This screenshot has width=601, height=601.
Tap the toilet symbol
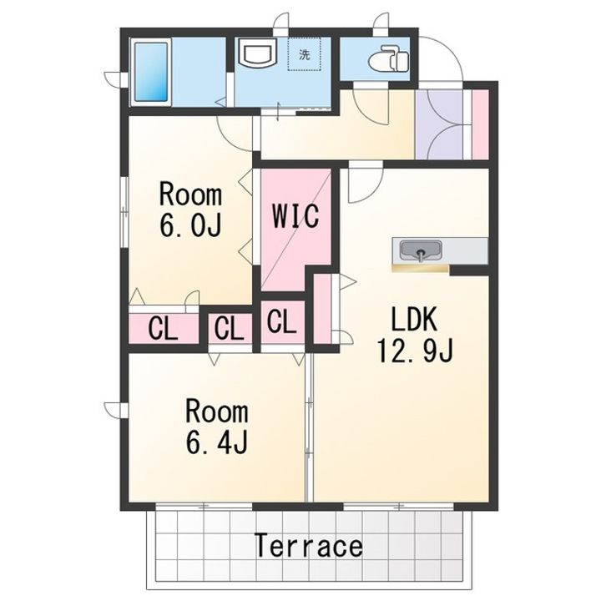(388, 58)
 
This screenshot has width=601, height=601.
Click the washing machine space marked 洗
(304, 54)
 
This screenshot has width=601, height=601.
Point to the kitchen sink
(421, 250)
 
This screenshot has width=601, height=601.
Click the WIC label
(295, 216)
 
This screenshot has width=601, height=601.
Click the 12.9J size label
(415, 351)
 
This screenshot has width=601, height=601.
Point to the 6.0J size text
(190, 225)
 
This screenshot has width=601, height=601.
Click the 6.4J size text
(217, 442)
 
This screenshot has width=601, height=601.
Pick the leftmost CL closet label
(163, 329)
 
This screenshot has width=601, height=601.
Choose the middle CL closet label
(230, 329)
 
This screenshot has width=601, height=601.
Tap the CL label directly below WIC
(282, 322)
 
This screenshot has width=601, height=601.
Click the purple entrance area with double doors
(439, 124)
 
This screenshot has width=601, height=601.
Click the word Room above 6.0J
(190, 194)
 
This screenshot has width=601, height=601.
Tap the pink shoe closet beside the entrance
(480, 124)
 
